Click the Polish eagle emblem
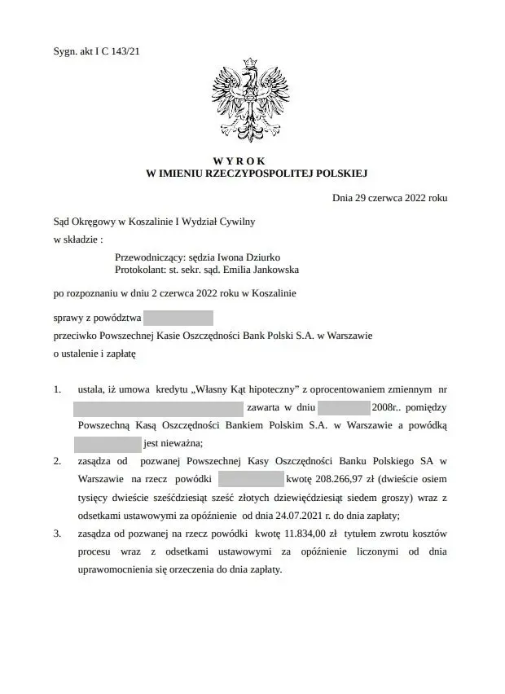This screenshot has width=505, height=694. point(252,103)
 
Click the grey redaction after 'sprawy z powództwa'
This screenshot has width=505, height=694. point(178,318)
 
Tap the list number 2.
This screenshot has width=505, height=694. point(57,461)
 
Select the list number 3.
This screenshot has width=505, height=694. point(57,533)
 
